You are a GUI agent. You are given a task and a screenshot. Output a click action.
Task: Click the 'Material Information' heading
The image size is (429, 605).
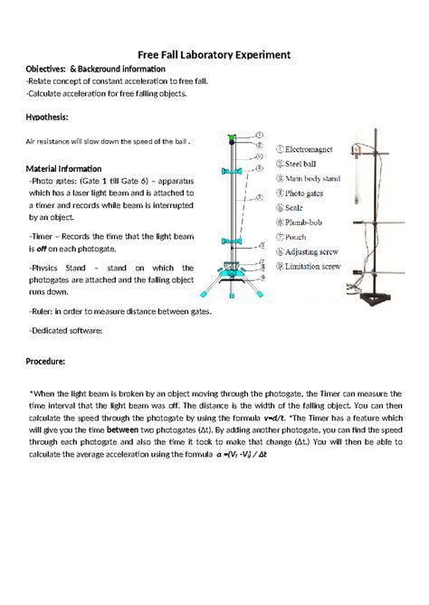tap(63, 168)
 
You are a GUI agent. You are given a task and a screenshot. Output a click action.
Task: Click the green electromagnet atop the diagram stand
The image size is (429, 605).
tap(233, 138)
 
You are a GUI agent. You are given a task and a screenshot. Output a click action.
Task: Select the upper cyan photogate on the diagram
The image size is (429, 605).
tap(233, 171)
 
